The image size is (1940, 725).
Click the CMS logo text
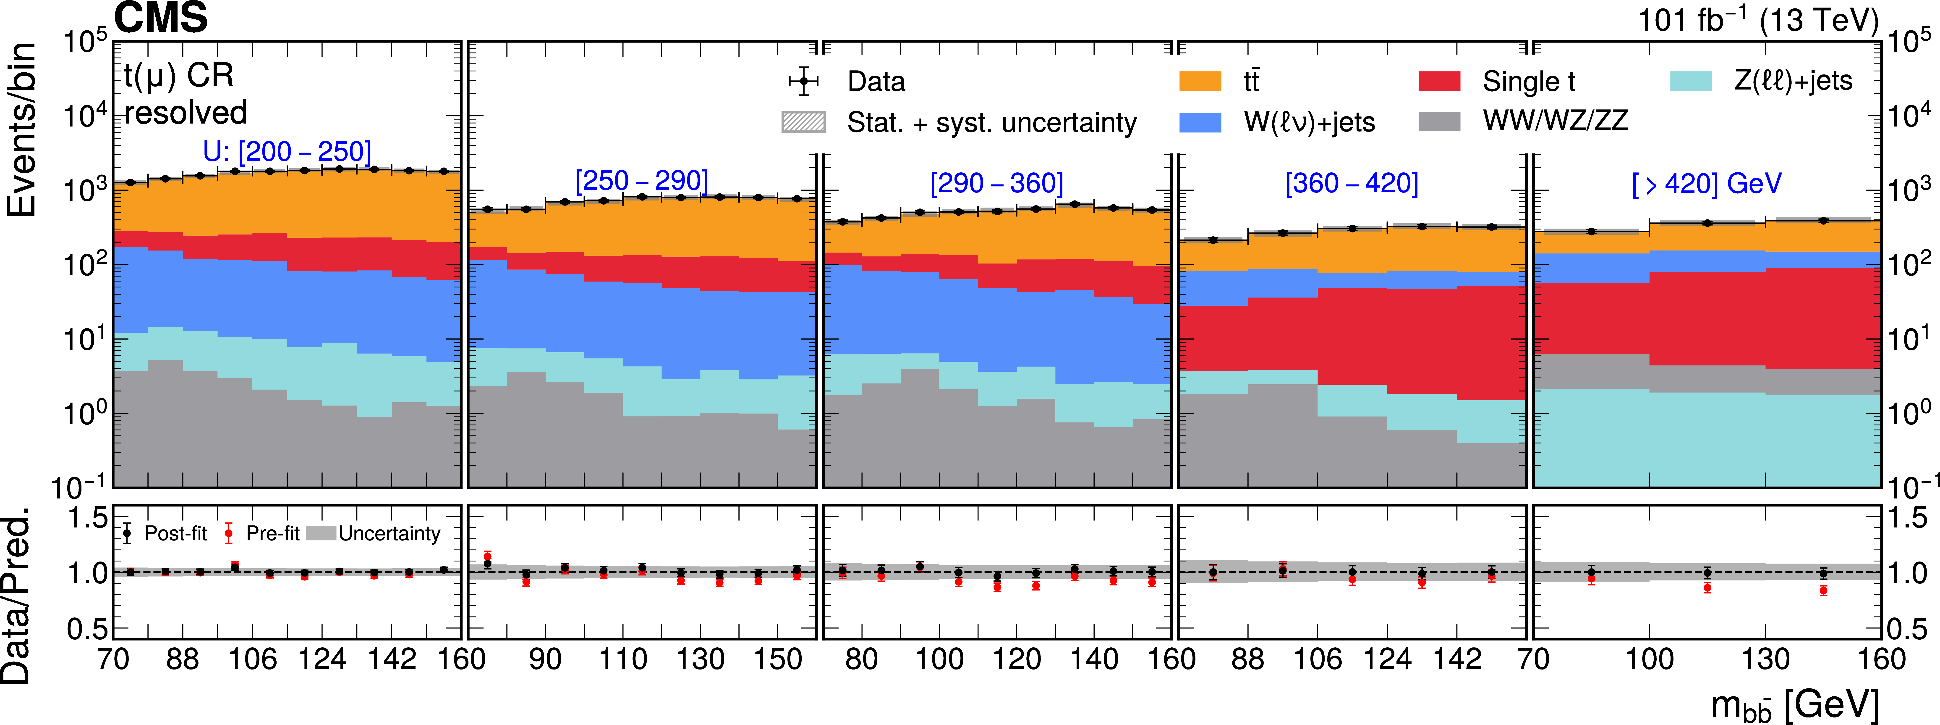[x=160, y=18]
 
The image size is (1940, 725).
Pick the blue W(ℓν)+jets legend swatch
[x=1200, y=122]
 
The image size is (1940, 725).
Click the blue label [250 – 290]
[x=642, y=181]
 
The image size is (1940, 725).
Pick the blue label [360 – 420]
[x=1352, y=183]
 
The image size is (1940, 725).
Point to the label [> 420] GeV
[x=1707, y=183]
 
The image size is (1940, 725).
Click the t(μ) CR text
[x=179, y=75]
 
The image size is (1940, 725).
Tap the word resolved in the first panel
[x=185, y=113]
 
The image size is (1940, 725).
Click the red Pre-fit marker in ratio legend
[x=228, y=534]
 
